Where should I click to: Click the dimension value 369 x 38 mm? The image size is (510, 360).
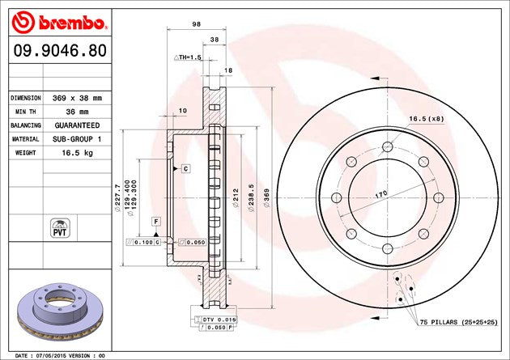point(77,97)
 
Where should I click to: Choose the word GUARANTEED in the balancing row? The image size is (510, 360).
point(77,125)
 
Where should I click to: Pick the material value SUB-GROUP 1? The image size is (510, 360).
point(77,140)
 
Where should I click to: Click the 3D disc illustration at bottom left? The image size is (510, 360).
point(58,311)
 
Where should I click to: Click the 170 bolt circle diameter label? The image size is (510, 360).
point(380,193)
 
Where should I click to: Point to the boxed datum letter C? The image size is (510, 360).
point(185,168)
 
